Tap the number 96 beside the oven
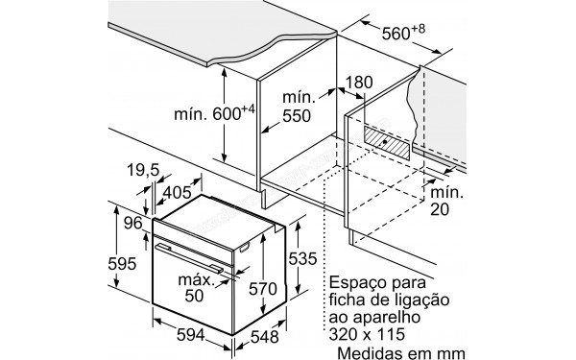[134, 224]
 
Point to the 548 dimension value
[259, 338]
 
